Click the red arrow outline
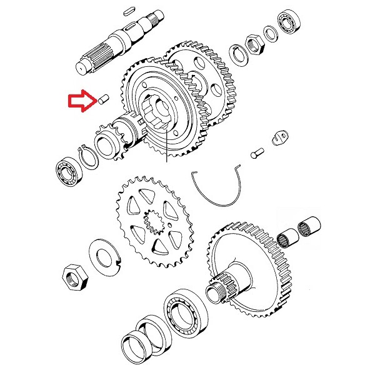pos(80,100)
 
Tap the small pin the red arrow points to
pos(104,99)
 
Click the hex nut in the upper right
pos(254,43)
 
